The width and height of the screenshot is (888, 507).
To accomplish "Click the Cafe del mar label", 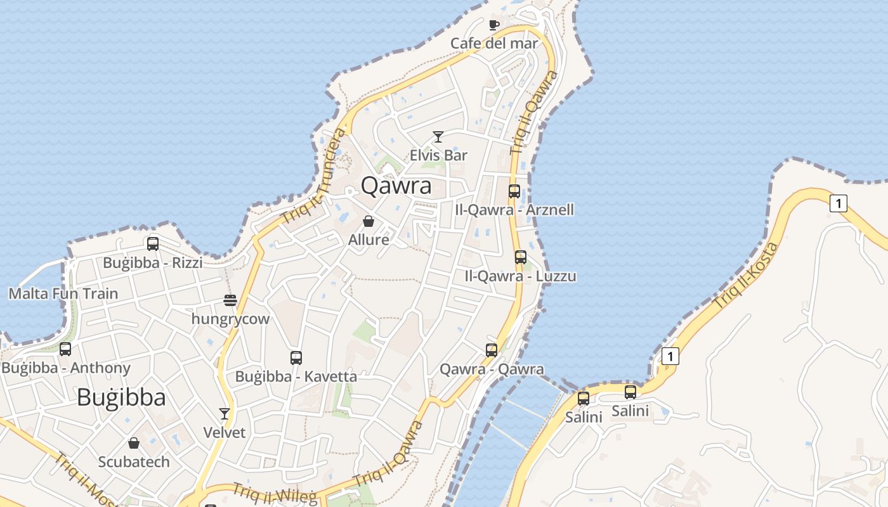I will (493, 43).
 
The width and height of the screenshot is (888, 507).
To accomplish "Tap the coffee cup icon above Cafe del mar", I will (493, 25).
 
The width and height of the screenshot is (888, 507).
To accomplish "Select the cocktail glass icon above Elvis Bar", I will (438, 136).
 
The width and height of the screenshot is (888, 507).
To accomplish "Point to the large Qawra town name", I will (396, 186).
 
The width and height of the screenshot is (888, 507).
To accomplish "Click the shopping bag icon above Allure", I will (368, 221).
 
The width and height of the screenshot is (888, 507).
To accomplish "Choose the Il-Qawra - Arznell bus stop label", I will (514, 209).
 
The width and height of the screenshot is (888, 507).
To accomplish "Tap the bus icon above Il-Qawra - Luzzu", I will (520, 257).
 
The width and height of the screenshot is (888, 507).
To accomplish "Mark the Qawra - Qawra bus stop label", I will (492, 369).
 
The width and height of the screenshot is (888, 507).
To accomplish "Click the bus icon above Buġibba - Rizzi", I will (152, 243).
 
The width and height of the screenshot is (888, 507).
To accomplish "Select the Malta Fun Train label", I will (63, 293).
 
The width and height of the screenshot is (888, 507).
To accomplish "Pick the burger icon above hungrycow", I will (230, 300).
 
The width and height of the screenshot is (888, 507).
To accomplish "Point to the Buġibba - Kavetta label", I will (296, 376).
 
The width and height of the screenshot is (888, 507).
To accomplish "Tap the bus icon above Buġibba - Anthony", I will (65, 349).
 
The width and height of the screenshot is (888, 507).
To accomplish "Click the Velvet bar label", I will (224, 432).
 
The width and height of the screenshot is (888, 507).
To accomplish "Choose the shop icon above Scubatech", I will (133, 442).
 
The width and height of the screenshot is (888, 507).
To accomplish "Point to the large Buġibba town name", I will (121, 398).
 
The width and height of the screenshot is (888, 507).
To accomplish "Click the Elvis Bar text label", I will (438, 155).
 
